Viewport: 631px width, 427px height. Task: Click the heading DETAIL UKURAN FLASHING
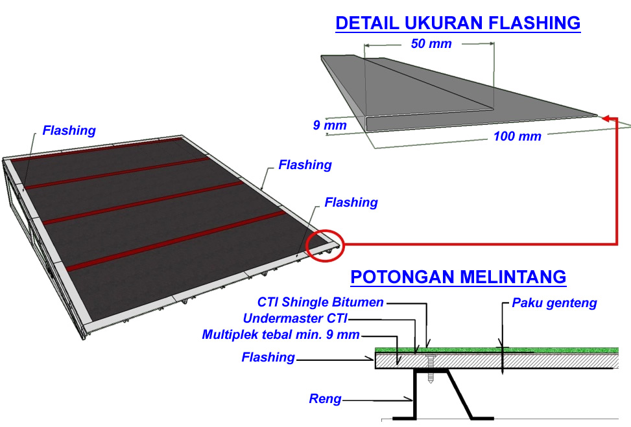[x=457, y=24]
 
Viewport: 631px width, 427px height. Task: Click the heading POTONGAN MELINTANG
[x=458, y=277]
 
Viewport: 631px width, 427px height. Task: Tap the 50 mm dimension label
[x=431, y=44]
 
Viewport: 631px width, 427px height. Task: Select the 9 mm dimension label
[x=329, y=125]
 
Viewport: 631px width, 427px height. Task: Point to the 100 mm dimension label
[x=517, y=137]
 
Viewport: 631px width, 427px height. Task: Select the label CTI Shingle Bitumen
[x=320, y=302]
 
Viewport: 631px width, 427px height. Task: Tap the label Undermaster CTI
[x=295, y=318]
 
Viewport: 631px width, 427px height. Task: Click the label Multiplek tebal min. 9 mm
[x=280, y=334]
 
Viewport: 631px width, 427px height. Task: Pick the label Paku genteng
[x=554, y=303]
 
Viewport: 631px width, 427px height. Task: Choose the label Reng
[x=324, y=399]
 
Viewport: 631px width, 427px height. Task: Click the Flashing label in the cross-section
[x=268, y=357]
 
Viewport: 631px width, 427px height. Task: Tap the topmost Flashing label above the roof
[x=69, y=130]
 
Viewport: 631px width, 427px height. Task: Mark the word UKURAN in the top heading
[x=435, y=24]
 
